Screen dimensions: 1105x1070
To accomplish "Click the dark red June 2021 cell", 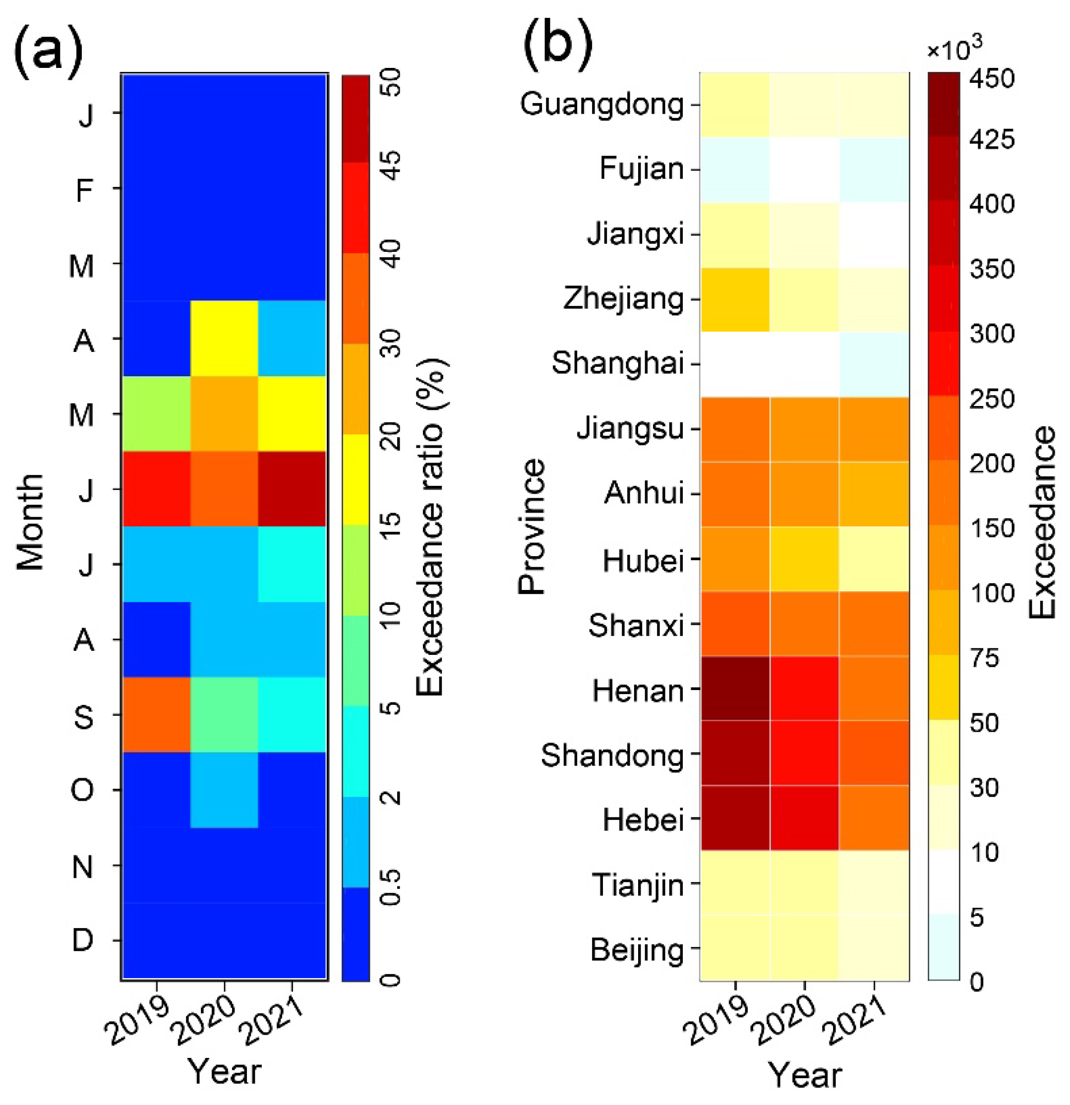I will [x=292, y=489].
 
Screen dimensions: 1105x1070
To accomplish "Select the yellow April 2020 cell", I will [x=225, y=338].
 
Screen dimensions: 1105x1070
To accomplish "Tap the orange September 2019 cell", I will [x=157, y=714].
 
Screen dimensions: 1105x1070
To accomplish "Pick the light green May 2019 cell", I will [x=157, y=413].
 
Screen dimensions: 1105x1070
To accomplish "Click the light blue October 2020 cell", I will [x=225, y=790].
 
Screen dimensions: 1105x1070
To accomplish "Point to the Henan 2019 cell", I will [x=735, y=689].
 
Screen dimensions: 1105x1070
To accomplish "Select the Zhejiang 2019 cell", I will [x=735, y=299].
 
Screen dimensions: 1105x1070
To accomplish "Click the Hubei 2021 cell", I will [x=874, y=559].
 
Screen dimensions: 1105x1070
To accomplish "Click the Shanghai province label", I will [x=617, y=363].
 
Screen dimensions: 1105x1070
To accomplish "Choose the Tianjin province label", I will [x=637, y=884].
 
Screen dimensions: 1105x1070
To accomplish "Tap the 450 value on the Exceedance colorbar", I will [x=992, y=78].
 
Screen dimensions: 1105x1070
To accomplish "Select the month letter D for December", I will [x=82, y=940].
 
